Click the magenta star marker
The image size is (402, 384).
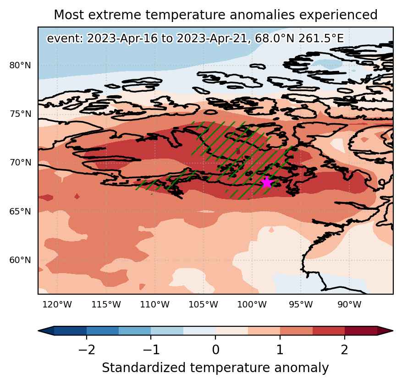click(267, 182)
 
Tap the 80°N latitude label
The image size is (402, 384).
click(20, 66)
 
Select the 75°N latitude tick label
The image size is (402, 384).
click(20, 114)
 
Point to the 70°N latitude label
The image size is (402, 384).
click(20, 163)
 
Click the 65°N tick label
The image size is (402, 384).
click(20, 212)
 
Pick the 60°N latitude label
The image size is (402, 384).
click(20, 260)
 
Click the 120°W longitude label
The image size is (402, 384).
click(57, 305)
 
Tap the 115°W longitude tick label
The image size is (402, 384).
click(106, 305)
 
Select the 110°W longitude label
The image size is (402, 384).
click(154, 305)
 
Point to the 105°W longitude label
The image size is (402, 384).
click(204, 305)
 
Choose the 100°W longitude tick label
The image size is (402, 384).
click(252, 305)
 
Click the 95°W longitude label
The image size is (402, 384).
click(301, 305)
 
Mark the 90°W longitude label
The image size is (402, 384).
click(349, 305)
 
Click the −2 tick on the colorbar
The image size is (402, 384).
click(87, 349)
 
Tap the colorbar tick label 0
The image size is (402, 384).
click(215, 349)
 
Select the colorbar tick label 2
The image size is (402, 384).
click(345, 349)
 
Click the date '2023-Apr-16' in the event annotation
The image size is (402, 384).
click(122, 38)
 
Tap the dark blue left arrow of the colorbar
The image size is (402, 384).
click(46, 331)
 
